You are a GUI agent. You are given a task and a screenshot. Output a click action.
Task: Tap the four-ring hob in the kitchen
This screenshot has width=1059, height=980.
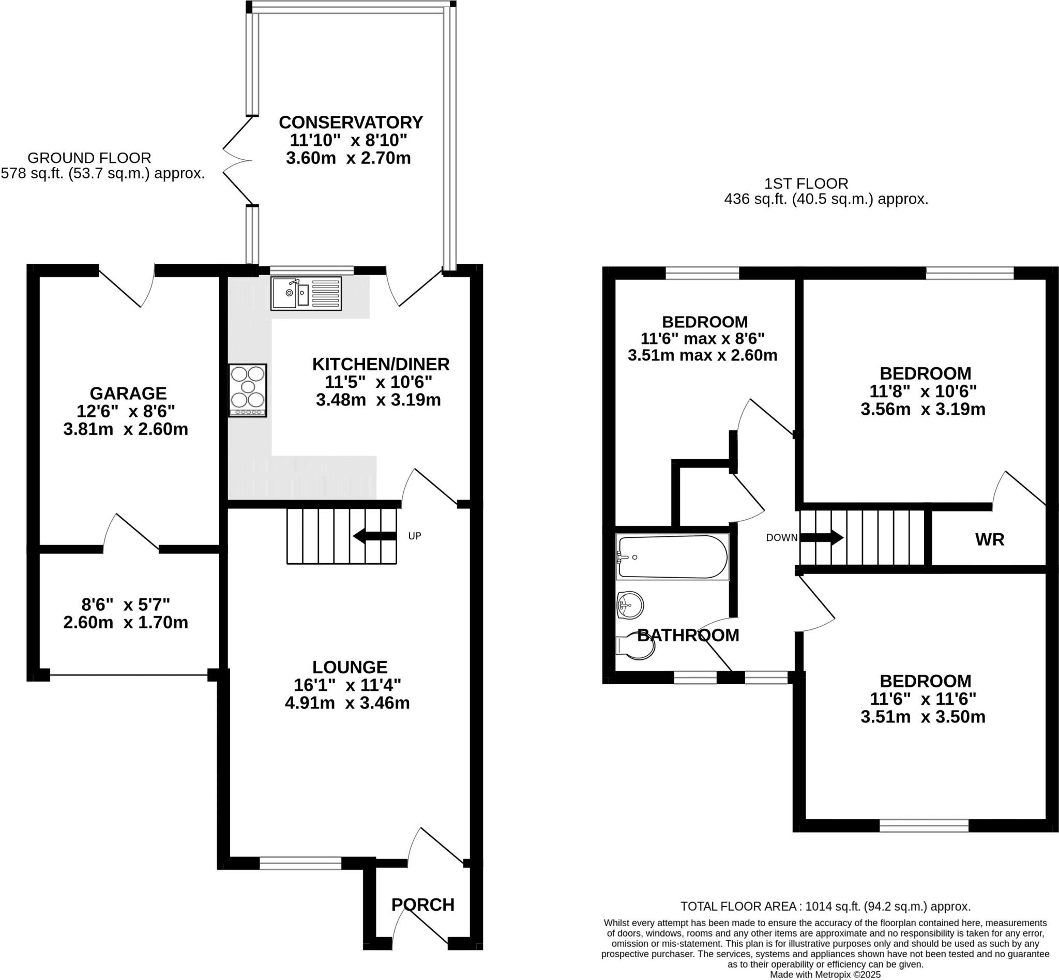(x=248, y=390)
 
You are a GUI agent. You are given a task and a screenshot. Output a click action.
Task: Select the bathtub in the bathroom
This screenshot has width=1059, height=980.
(x=672, y=557)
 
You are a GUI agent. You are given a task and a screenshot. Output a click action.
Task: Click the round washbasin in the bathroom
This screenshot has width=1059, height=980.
(x=630, y=605)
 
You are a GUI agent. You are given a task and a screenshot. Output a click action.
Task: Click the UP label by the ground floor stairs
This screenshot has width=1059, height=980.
(x=415, y=536)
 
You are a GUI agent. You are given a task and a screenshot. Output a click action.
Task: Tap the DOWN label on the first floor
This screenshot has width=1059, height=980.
(x=781, y=537)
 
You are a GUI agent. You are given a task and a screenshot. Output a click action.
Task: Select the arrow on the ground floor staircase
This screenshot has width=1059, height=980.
(x=374, y=536)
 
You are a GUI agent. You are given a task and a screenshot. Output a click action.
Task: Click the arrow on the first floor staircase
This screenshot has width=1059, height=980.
(x=822, y=537)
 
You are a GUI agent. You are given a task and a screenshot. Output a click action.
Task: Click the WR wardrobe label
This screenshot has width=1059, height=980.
(x=990, y=539)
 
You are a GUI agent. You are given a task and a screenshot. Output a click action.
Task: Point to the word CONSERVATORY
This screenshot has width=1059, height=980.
(x=351, y=122)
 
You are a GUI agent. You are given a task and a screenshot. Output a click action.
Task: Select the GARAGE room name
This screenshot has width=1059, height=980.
(x=128, y=393)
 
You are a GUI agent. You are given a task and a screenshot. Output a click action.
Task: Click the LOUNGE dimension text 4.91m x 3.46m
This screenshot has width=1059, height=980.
(x=347, y=703)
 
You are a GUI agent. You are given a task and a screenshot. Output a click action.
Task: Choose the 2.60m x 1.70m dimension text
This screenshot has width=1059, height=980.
(x=126, y=622)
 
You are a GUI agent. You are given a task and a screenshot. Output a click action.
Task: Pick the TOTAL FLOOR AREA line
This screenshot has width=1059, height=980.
(x=825, y=906)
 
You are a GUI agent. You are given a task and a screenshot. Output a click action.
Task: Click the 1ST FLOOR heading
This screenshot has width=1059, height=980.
(x=806, y=184)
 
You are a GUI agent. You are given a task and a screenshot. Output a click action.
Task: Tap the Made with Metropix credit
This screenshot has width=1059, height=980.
(x=825, y=974)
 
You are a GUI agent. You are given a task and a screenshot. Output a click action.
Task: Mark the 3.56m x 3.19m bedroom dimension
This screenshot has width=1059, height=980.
(x=922, y=409)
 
